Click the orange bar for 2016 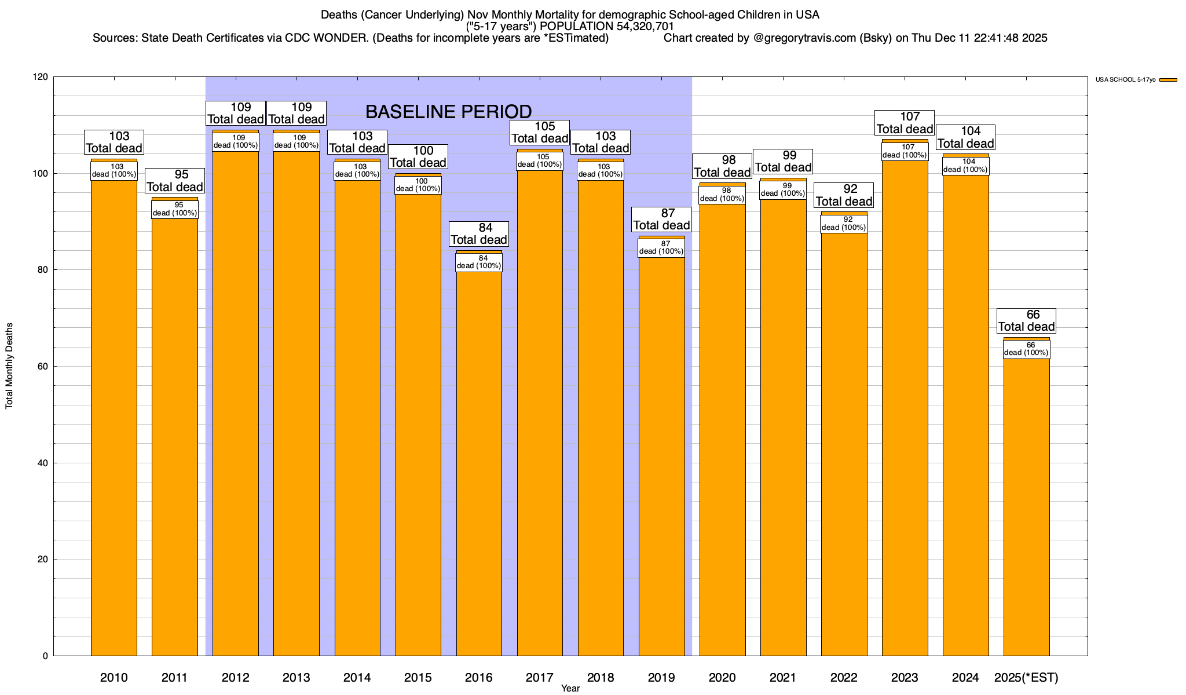point(479,463)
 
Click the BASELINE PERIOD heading point(448,111)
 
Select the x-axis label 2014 point(357,678)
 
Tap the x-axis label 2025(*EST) point(1026,678)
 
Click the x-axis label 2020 point(722,678)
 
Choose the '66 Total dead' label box point(1026,321)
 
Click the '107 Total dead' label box point(905,123)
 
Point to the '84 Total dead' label point(479,233)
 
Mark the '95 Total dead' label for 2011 point(175,181)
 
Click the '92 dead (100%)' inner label point(844,224)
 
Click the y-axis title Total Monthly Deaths point(9,366)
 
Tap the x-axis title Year point(570,689)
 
